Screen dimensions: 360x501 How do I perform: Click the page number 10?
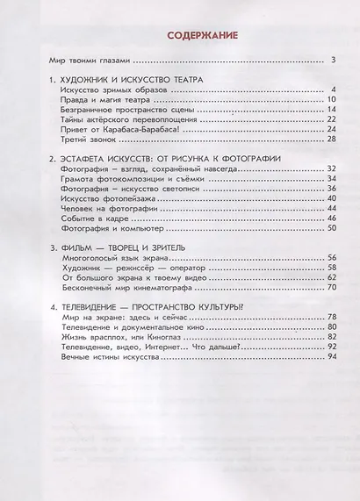tap(331, 100)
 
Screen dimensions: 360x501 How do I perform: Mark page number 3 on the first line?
tap(334, 61)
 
